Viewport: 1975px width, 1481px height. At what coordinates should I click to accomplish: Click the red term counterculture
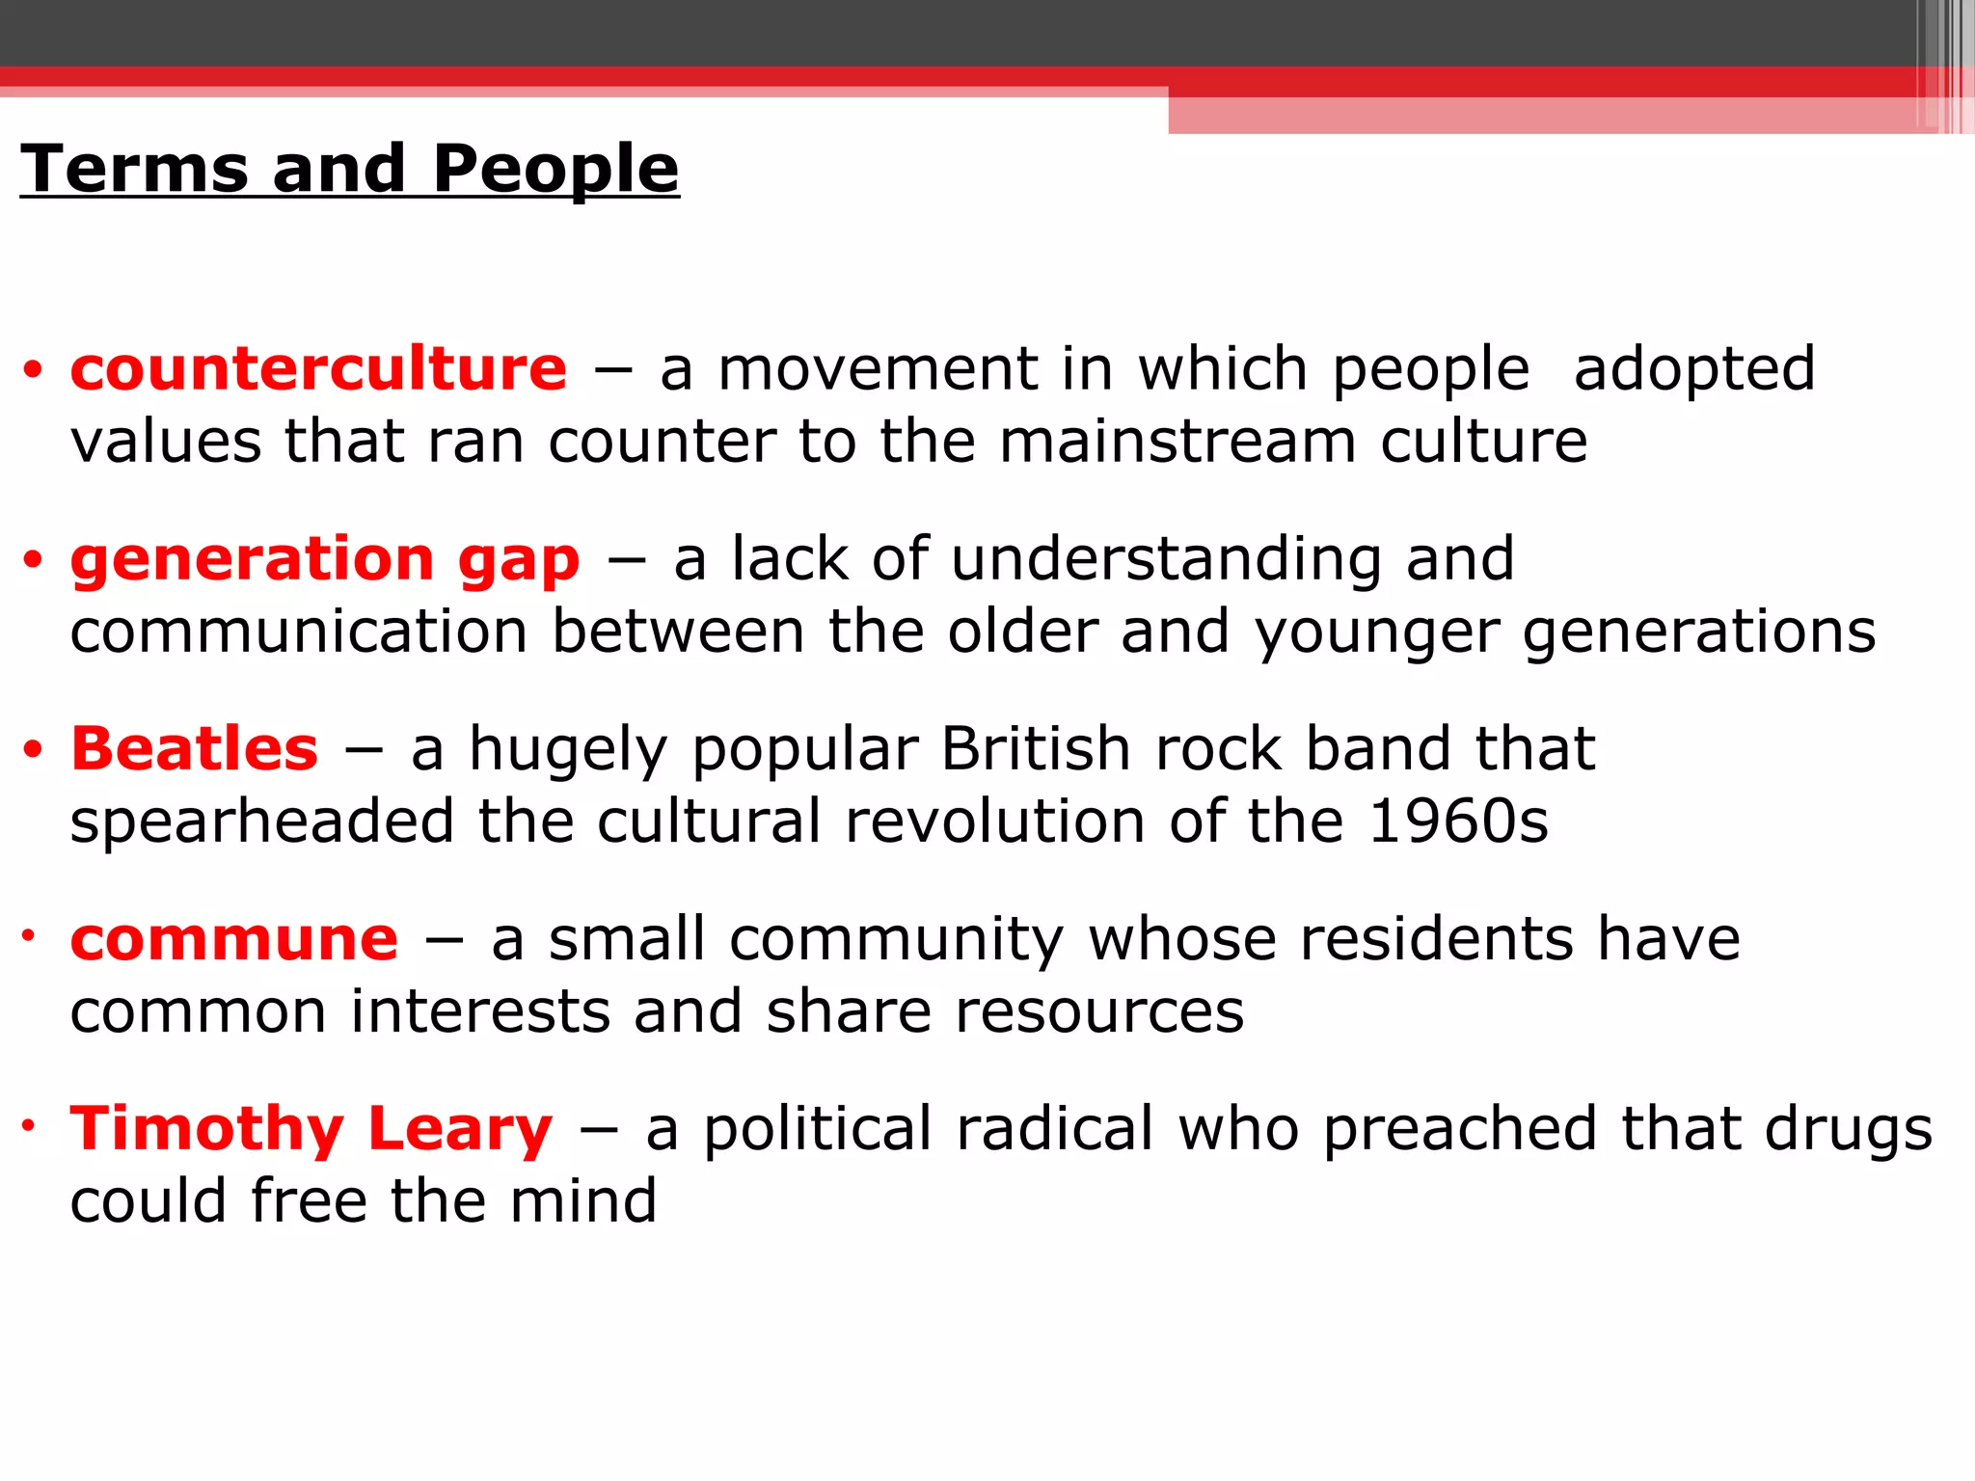pyautogui.click(x=318, y=369)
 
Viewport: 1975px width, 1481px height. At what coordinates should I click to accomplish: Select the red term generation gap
pyautogui.click(x=325, y=559)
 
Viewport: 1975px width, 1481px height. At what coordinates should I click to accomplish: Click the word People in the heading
pyautogui.click(x=555, y=169)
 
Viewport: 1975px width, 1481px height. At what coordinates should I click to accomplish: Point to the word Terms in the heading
pyautogui.click(x=134, y=169)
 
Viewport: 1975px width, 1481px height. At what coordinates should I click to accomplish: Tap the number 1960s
pyautogui.click(x=1457, y=821)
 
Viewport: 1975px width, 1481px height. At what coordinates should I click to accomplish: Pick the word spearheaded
pyautogui.click(x=262, y=821)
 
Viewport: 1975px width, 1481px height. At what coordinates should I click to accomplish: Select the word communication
pyautogui.click(x=299, y=632)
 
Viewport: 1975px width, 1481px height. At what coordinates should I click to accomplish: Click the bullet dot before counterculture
pyautogui.click(x=34, y=370)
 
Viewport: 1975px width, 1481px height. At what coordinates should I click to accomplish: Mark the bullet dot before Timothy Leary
pyautogui.click(x=30, y=1124)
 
